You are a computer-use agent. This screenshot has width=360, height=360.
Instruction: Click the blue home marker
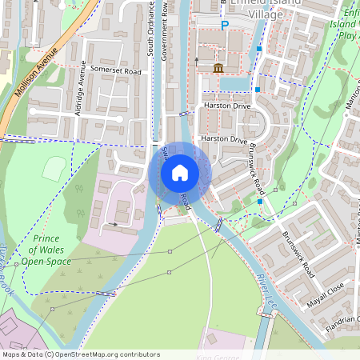180,173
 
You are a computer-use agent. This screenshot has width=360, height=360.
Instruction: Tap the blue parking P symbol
225,26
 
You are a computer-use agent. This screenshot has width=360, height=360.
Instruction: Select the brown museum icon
218,67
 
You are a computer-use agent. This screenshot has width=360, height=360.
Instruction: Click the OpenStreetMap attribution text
81,354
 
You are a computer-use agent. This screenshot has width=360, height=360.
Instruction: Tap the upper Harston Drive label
226,106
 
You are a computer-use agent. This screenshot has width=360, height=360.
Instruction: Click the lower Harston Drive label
224,138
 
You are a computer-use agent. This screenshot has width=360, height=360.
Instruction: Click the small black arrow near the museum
197,58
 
